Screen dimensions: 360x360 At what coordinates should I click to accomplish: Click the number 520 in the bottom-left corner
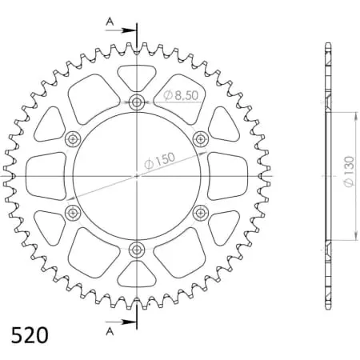pyautogui.click(x=30, y=333)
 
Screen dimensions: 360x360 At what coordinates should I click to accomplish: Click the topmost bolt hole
pyautogui.click(x=137, y=102)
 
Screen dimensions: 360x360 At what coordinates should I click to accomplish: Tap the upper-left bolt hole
pyautogui.click(x=74, y=139)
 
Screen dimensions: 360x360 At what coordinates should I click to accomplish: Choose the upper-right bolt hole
pyautogui.click(x=201, y=139)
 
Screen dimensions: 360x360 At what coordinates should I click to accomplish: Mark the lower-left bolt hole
pyautogui.click(x=74, y=213)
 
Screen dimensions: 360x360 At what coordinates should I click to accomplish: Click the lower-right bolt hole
pyautogui.click(x=201, y=213)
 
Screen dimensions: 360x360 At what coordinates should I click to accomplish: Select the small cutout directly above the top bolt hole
pyautogui.click(x=137, y=78)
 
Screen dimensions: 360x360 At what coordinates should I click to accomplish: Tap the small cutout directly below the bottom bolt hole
pyautogui.click(x=137, y=274)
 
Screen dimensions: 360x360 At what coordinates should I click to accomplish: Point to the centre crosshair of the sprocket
pyautogui.click(x=137, y=176)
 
